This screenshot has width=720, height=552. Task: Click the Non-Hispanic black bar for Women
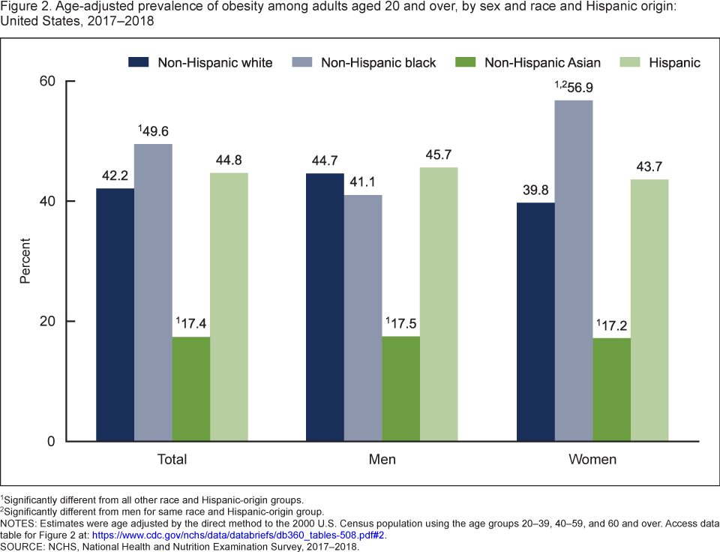tap(574, 270)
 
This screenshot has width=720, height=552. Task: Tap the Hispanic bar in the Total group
tap(229, 307)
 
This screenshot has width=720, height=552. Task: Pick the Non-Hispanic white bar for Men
tap(325, 307)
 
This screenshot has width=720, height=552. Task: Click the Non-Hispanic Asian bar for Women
tap(611, 389)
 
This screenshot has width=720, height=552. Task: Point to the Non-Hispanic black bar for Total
tap(153, 292)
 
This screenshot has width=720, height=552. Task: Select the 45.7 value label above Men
tap(439, 155)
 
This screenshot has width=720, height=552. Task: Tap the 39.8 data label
tap(535, 190)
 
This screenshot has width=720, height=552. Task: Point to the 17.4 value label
tap(193, 325)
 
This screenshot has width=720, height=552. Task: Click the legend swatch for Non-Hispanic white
tap(139, 62)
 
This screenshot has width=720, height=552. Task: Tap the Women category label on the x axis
tap(592, 459)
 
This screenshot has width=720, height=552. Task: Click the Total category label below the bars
tap(172, 459)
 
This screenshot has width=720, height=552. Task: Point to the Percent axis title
tap(25, 261)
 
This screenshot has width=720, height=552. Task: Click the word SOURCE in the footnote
tap(22, 547)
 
